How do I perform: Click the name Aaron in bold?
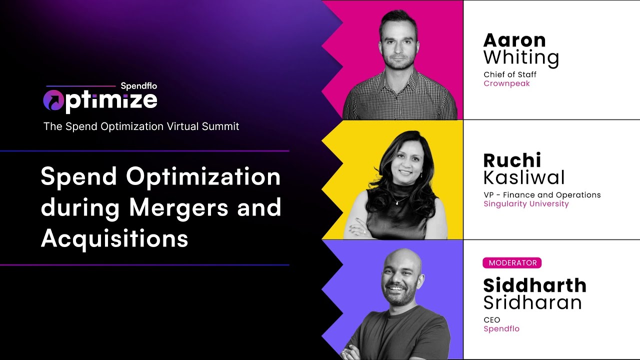click(x=514, y=40)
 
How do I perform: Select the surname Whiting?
click(x=521, y=58)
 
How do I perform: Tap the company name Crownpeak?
click(x=506, y=83)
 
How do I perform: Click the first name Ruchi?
click(x=512, y=160)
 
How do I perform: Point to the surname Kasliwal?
click(x=524, y=177)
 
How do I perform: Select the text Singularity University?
click(x=526, y=203)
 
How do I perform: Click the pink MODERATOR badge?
click(x=512, y=263)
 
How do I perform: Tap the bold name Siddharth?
click(x=534, y=285)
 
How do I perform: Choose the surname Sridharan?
click(x=532, y=302)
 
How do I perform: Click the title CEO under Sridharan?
click(x=491, y=320)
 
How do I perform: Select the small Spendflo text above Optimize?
click(x=138, y=86)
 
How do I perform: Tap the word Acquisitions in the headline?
click(x=114, y=239)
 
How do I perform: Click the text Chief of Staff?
click(x=510, y=75)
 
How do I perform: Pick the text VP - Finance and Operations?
click(x=542, y=195)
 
